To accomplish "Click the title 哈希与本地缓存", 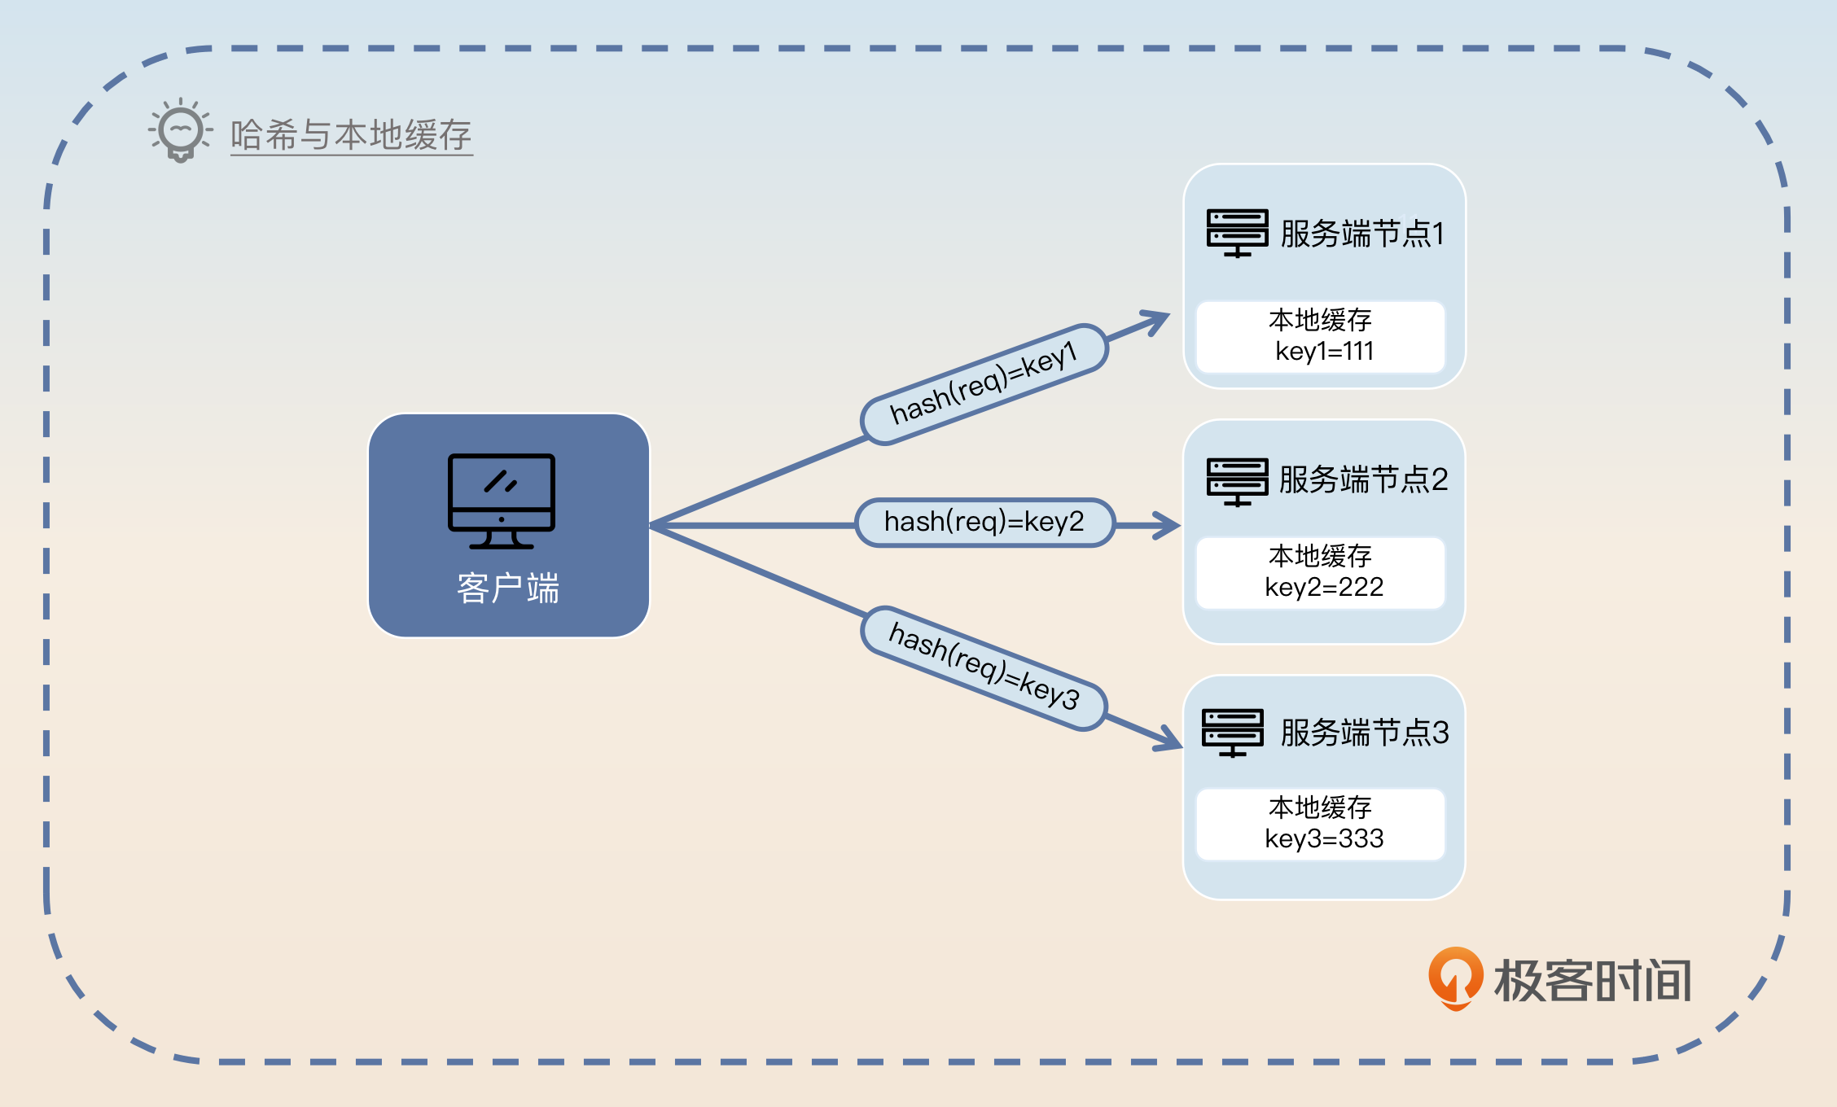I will click(351, 135).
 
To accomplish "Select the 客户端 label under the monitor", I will click(508, 588).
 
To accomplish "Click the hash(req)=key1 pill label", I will click(984, 384).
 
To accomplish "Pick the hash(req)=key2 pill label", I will click(984, 522).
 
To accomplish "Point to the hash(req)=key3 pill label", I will click(984, 668).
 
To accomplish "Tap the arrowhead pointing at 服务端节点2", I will click(1169, 525).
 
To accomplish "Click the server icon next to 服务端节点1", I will click(1237, 233).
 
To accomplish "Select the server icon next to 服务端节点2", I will click(1237, 481).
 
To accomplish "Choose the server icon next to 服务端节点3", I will click(1233, 732).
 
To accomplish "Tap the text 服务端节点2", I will click(1363, 479).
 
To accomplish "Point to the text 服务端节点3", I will click(1365, 733).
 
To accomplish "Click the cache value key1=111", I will click(1324, 352).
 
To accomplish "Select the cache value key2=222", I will click(1324, 587).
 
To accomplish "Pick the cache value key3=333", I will click(1324, 838).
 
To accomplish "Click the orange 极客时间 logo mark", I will click(1455, 978).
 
